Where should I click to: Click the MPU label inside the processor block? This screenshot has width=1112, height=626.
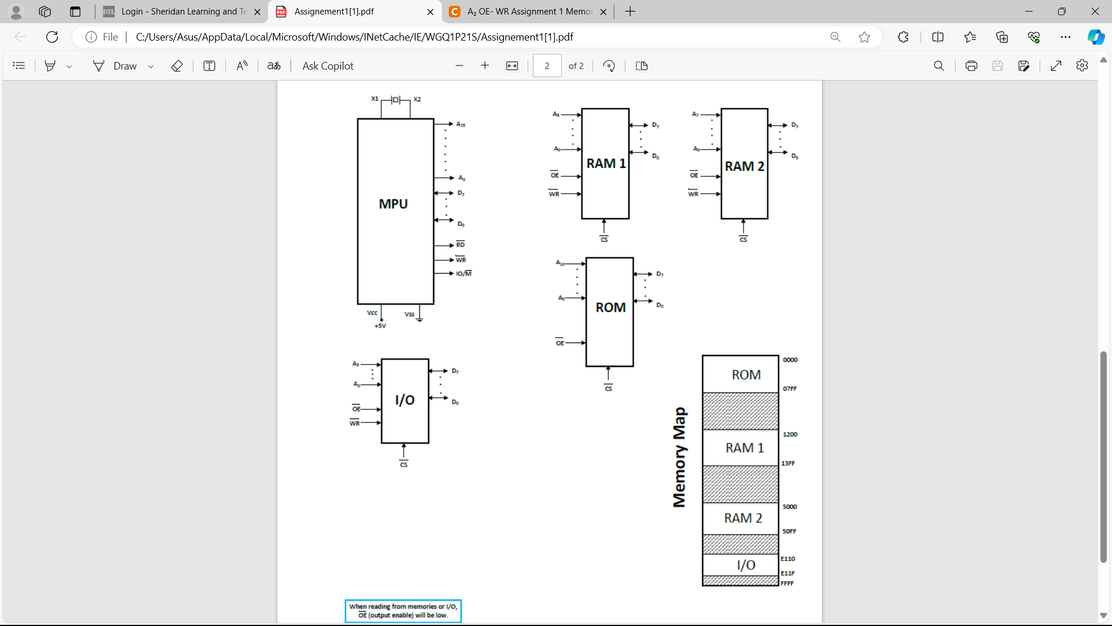pyautogui.click(x=393, y=204)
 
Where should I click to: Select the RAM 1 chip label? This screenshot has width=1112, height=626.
pyautogui.click(x=606, y=164)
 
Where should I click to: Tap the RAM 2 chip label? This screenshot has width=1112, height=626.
pyautogui.click(x=744, y=166)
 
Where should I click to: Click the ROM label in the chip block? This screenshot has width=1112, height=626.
pyautogui.click(x=610, y=308)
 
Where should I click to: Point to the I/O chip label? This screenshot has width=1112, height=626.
pyautogui.click(x=405, y=400)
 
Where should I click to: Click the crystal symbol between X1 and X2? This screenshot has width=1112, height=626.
pyautogui.click(x=396, y=100)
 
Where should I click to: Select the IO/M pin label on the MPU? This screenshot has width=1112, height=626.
pyautogui.click(x=463, y=274)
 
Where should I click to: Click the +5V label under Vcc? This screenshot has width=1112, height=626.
pyautogui.click(x=380, y=326)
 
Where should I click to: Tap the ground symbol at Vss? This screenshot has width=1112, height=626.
pyautogui.click(x=419, y=318)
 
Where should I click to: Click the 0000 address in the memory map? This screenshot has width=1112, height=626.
pyautogui.click(x=790, y=360)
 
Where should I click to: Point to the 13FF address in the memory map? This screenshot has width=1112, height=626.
pyautogui.click(x=788, y=464)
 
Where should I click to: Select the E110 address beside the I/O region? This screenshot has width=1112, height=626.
pyautogui.click(x=788, y=559)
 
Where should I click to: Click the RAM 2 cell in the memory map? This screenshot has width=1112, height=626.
pyautogui.click(x=742, y=518)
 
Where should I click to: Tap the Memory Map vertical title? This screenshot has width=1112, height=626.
pyautogui.click(x=679, y=458)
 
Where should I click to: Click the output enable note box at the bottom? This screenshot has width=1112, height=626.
pyautogui.click(x=403, y=611)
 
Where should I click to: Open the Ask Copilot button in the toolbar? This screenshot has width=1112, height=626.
pyautogui.click(x=327, y=66)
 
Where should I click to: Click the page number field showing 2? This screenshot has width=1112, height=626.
pyautogui.click(x=547, y=66)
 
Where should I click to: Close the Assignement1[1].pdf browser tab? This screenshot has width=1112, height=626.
pyautogui.click(x=430, y=12)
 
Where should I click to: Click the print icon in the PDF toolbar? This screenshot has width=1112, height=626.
pyautogui.click(x=971, y=66)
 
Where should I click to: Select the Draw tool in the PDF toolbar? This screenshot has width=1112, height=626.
pyautogui.click(x=116, y=66)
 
